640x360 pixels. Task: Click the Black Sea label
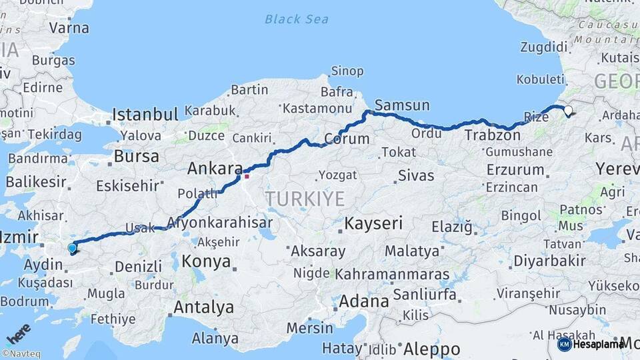click(x=296, y=19)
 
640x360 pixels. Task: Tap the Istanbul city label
click(x=145, y=115)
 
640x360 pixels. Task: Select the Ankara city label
click(x=213, y=169)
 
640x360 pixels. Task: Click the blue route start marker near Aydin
click(x=72, y=248)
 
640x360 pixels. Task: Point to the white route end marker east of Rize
click(x=568, y=111)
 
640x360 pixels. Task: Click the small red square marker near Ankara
click(x=247, y=176)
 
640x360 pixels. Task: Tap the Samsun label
click(x=402, y=105)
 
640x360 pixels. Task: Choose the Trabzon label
click(x=492, y=135)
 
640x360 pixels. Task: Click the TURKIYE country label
click(x=305, y=198)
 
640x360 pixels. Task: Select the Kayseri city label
click(x=374, y=223)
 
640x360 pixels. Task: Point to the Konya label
click(x=206, y=261)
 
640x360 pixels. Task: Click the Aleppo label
click(x=432, y=349)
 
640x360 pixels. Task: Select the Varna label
click(x=69, y=28)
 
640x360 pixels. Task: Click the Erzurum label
click(x=515, y=169)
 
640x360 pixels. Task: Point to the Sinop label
click(x=347, y=71)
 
